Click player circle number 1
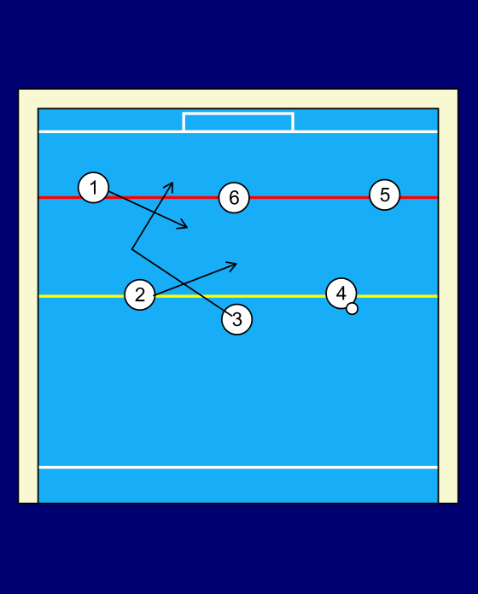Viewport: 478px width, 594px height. (x=93, y=188)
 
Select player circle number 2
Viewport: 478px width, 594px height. (x=140, y=294)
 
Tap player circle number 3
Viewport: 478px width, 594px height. (x=236, y=319)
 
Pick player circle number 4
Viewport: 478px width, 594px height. (x=341, y=294)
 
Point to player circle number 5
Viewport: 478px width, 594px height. (x=384, y=195)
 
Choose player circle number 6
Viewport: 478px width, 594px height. (x=234, y=197)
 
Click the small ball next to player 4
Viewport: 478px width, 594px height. (x=352, y=308)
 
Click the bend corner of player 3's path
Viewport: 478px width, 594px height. (x=131, y=249)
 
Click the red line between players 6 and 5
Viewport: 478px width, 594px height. (x=309, y=197)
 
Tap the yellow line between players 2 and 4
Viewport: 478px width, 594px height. (x=241, y=296)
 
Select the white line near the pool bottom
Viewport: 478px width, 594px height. (x=238, y=468)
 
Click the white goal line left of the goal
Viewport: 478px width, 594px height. (x=111, y=131)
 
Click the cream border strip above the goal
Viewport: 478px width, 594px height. (x=238, y=99)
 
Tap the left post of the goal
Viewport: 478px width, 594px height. (x=184, y=121)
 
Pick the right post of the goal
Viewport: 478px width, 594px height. (x=293, y=121)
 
